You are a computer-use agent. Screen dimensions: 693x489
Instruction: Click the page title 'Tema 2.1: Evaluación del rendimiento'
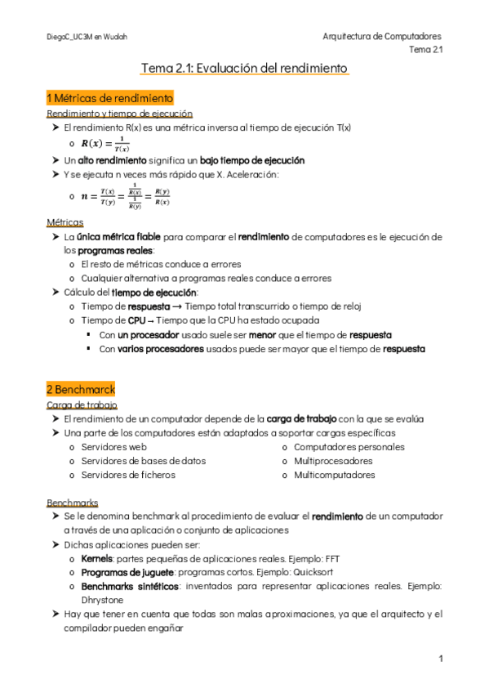coord(244,69)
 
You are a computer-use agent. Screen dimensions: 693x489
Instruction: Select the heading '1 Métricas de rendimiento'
coord(110,98)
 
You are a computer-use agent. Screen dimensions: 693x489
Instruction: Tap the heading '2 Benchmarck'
coord(81,389)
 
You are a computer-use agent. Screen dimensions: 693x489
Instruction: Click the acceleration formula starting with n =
coord(126,197)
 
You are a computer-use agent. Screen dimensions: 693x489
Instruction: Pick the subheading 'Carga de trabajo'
coord(82,405)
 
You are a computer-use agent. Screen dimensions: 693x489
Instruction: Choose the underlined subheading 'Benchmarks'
coord(73,502)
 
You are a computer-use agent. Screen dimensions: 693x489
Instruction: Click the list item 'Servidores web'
coord(113,447)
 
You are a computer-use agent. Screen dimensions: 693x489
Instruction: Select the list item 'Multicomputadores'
coord(333,475)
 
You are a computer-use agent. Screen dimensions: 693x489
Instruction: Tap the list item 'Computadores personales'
coord(349,447)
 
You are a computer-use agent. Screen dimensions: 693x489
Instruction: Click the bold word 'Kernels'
coord(97,558)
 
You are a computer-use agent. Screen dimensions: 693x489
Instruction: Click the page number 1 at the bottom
coord(440,659)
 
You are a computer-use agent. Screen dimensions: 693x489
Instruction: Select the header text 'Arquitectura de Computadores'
coord(382,37)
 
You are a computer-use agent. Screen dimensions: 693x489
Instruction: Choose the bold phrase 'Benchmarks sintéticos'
coord(130,586)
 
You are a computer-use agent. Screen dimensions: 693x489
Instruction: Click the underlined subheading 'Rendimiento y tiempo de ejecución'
coord(120,114)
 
